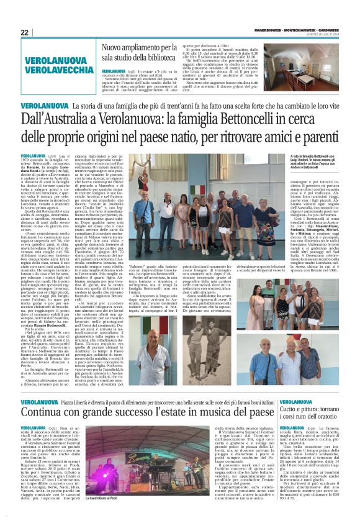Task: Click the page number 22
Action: tap(25, 33)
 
